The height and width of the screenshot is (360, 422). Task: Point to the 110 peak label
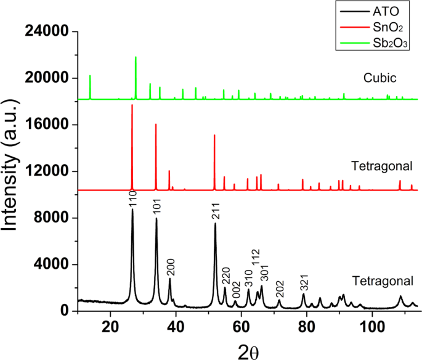pos(132,200)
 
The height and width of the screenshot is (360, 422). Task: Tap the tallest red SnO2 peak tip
pos(132,105)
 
